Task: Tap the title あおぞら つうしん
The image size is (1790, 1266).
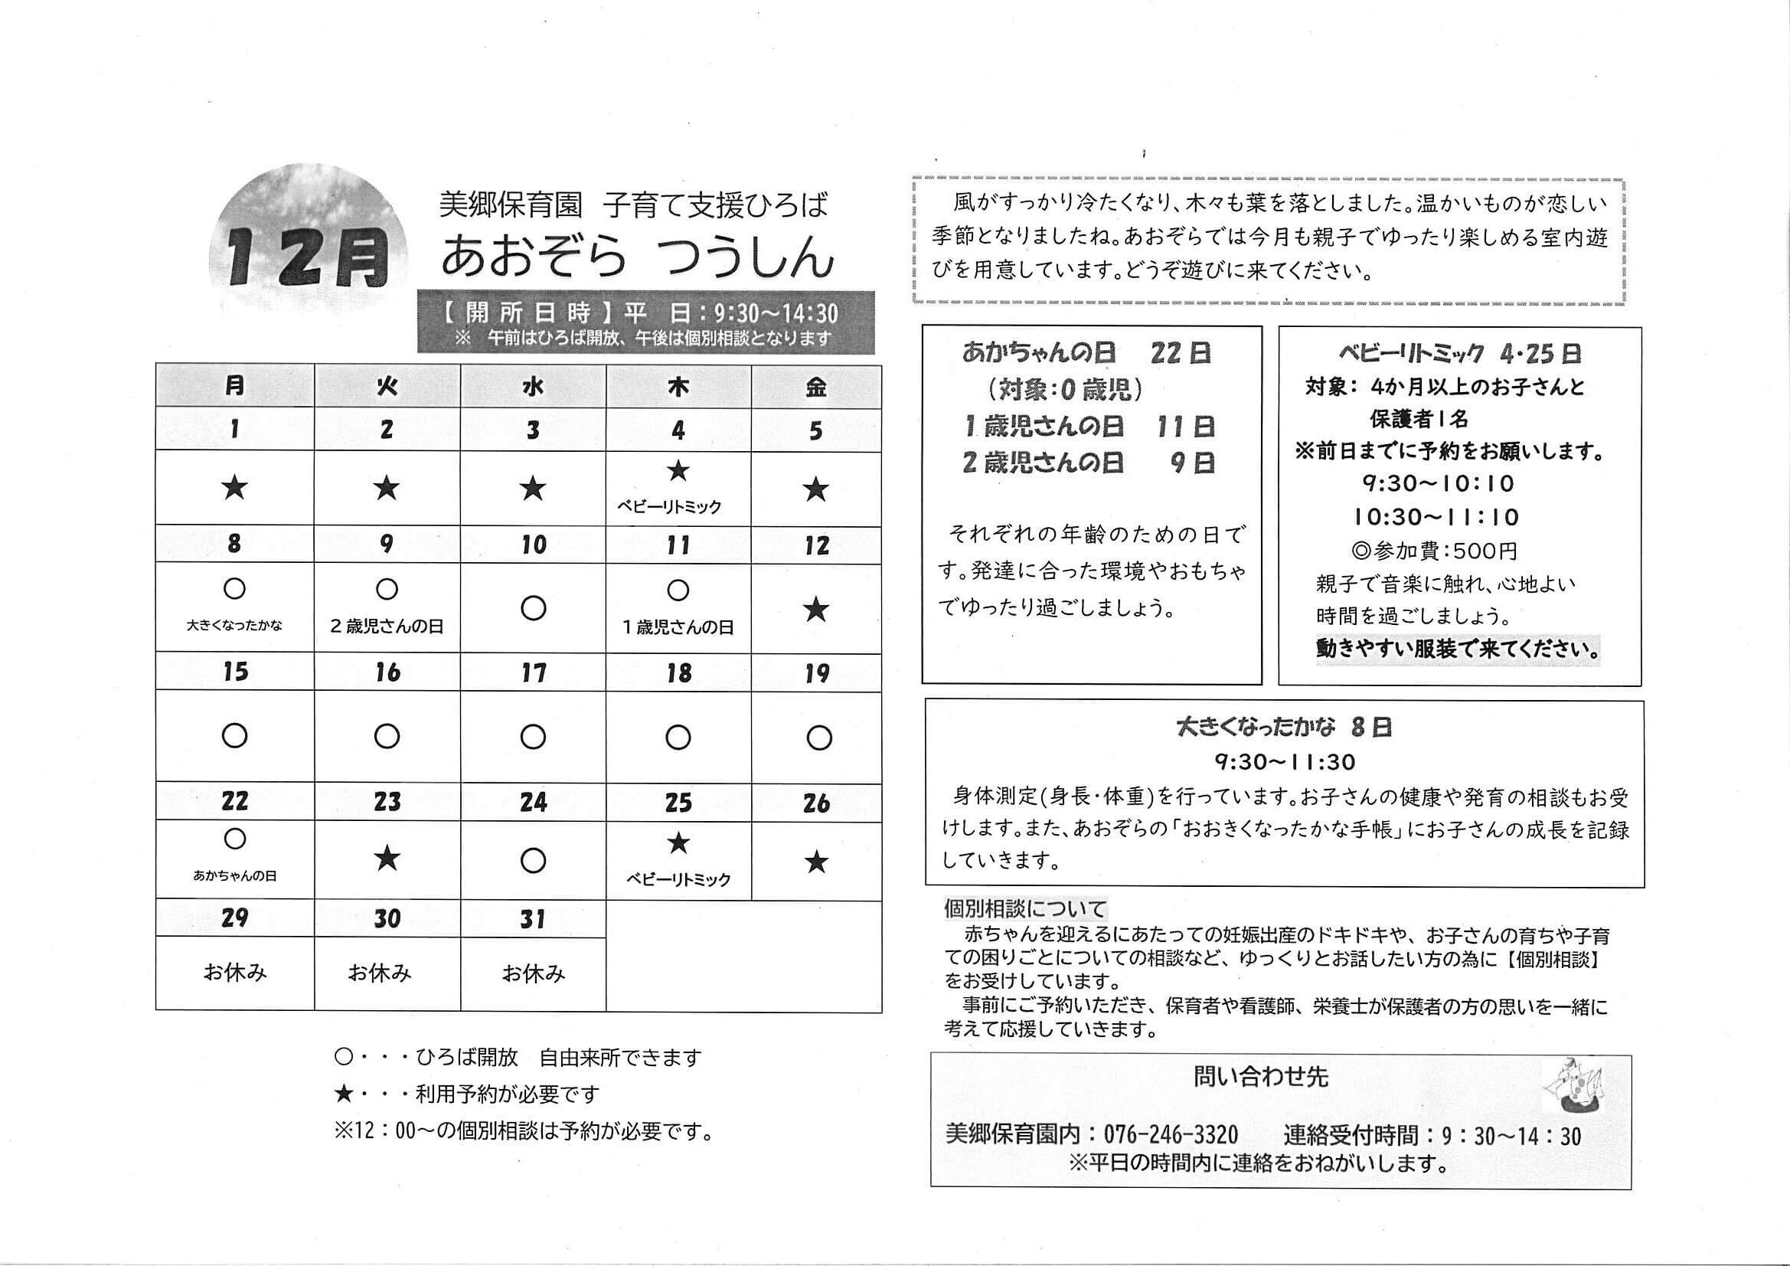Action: (637, 257)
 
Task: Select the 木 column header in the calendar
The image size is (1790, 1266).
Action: (678, 386)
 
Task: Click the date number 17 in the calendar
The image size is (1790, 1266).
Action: (534, 672)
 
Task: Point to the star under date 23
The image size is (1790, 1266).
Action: (387, 859)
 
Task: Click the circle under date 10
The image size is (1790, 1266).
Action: (534, 607)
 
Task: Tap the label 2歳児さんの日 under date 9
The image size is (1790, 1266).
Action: (387, 626)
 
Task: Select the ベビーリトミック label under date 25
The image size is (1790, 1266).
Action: (678, 879)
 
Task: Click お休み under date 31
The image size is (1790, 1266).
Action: (534, 973)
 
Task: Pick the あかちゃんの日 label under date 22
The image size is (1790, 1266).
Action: (235, 876)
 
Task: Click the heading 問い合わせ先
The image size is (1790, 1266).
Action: (1260, 1078)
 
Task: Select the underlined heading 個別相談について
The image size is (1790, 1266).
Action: (1024, 909)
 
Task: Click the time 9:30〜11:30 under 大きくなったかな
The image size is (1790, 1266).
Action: (1284, 761)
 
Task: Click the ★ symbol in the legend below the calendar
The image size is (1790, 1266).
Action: (343, 1094)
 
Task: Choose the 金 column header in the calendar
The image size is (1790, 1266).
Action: (815, 386)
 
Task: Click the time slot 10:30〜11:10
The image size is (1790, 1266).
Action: (1436, 516)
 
